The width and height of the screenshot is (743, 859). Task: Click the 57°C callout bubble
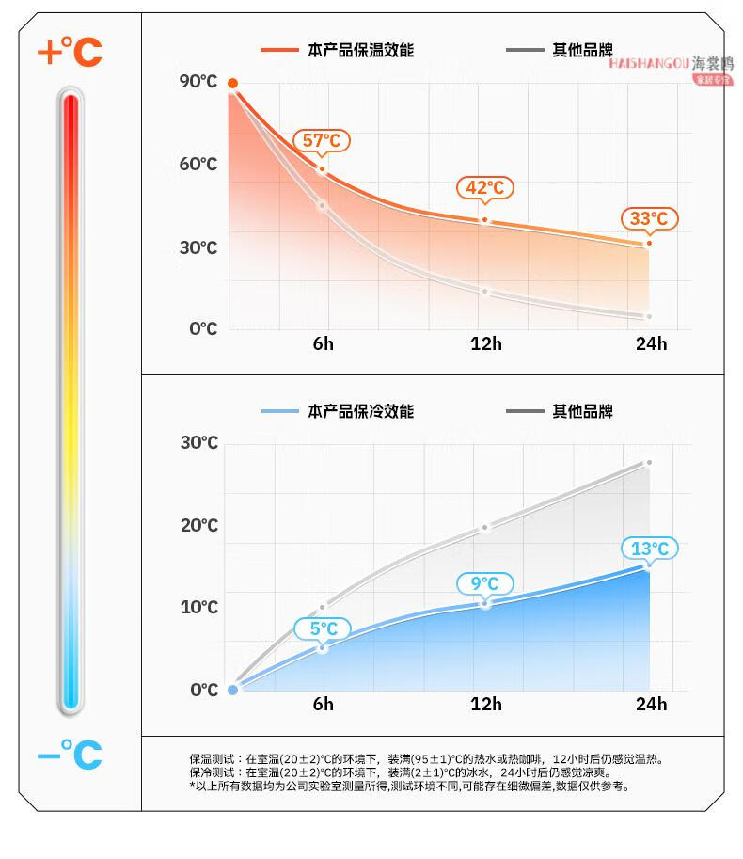tap(322, 141)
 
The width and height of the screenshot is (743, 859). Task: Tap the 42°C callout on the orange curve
tap(485, 187)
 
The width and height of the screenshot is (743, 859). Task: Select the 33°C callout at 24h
tap(649, 219)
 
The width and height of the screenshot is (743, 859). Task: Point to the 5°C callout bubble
tap(322, 628)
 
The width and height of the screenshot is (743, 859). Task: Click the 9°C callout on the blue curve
tap(484, 583)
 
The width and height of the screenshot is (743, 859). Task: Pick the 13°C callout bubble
tap(649, 549)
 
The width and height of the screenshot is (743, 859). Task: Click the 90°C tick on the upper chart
tap(198, 82)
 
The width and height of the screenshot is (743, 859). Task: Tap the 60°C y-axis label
tap(198, 165)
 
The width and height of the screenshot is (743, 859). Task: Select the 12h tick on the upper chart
tap(486, 343)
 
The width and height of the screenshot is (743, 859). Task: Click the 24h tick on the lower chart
tap(651, 704)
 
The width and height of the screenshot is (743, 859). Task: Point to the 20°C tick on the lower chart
tap(198, 525)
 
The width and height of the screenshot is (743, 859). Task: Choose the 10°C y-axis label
tap(198, 608)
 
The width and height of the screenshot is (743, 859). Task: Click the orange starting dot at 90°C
tap(232, 84)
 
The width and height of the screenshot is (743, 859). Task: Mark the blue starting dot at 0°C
tap(232, 690)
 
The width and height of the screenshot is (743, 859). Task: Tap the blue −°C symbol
tap(69, 754)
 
